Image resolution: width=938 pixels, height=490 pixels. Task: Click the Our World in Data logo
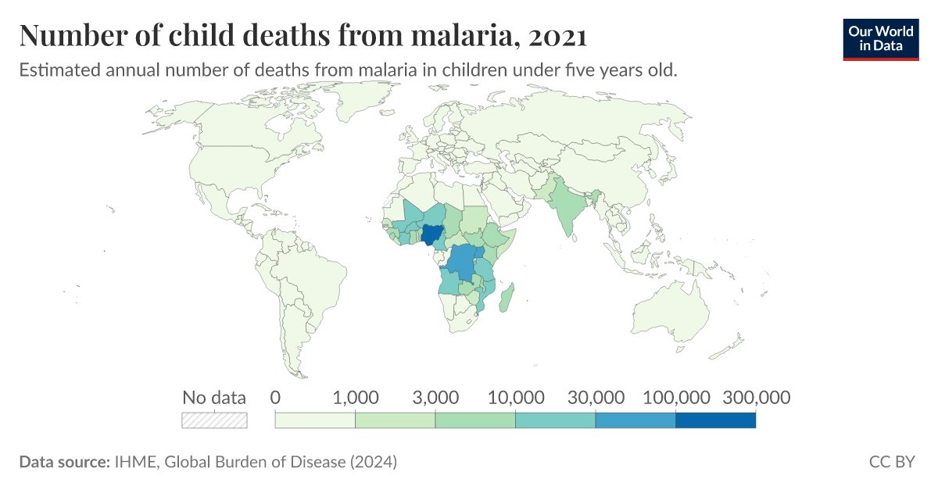[880, 38]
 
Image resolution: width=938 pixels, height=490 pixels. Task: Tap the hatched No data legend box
[214, 420]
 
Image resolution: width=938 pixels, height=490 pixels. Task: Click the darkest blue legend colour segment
[715, 420]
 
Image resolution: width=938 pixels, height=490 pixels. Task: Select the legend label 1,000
[356, 397]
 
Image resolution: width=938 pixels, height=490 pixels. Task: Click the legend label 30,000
[595, 397]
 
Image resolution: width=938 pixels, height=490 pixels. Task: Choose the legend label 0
[275, 397]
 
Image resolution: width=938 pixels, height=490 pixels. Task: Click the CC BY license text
[891, 462]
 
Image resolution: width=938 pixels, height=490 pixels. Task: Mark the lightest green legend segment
[315, 420]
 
